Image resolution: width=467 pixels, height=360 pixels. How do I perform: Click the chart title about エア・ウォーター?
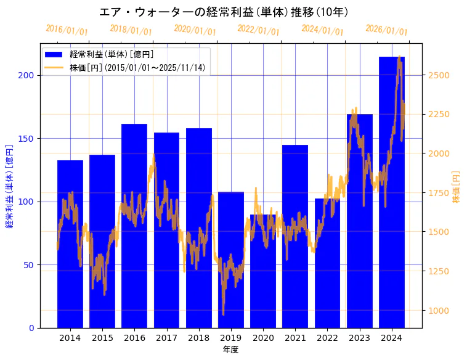(x=224, y=12)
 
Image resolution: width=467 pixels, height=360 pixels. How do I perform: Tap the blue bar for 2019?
(x=231, y=260)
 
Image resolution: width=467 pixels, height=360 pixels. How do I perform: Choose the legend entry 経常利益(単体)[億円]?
(x=112, y=54)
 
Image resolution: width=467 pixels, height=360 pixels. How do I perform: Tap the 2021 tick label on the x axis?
(x=295, y=338)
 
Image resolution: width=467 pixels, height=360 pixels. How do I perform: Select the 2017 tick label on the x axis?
(x=166, y=338)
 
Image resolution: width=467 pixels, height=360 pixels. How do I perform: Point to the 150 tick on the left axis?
(x=27, y=139)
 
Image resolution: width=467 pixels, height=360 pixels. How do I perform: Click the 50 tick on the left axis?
(x=29, y=265)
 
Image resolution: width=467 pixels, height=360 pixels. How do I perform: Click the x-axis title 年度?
(x=231, y=350)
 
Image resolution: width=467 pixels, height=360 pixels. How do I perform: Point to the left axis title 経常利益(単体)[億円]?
(x=9, y=186)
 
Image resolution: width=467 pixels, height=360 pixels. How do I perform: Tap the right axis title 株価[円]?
(x=457, y=187)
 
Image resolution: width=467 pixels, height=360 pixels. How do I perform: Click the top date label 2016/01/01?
(x=67, y=30)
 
